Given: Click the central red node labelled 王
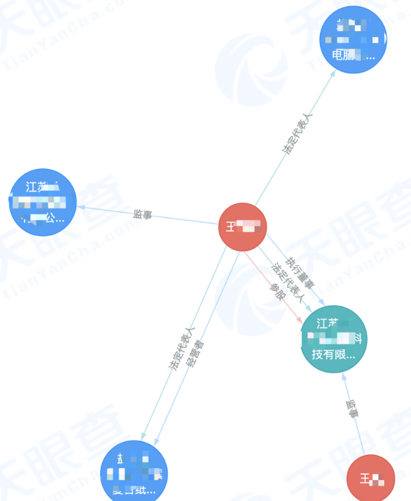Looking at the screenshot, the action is pos(242,228).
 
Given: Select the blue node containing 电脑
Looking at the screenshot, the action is pos(353,39).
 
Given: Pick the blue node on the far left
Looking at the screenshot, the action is pos(43,202).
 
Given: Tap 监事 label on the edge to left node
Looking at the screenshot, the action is pos(143,214).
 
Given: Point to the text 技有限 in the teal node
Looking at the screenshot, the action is pos(333,354).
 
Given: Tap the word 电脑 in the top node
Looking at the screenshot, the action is pos(344,56).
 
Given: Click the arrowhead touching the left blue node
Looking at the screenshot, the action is pos(81,207).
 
